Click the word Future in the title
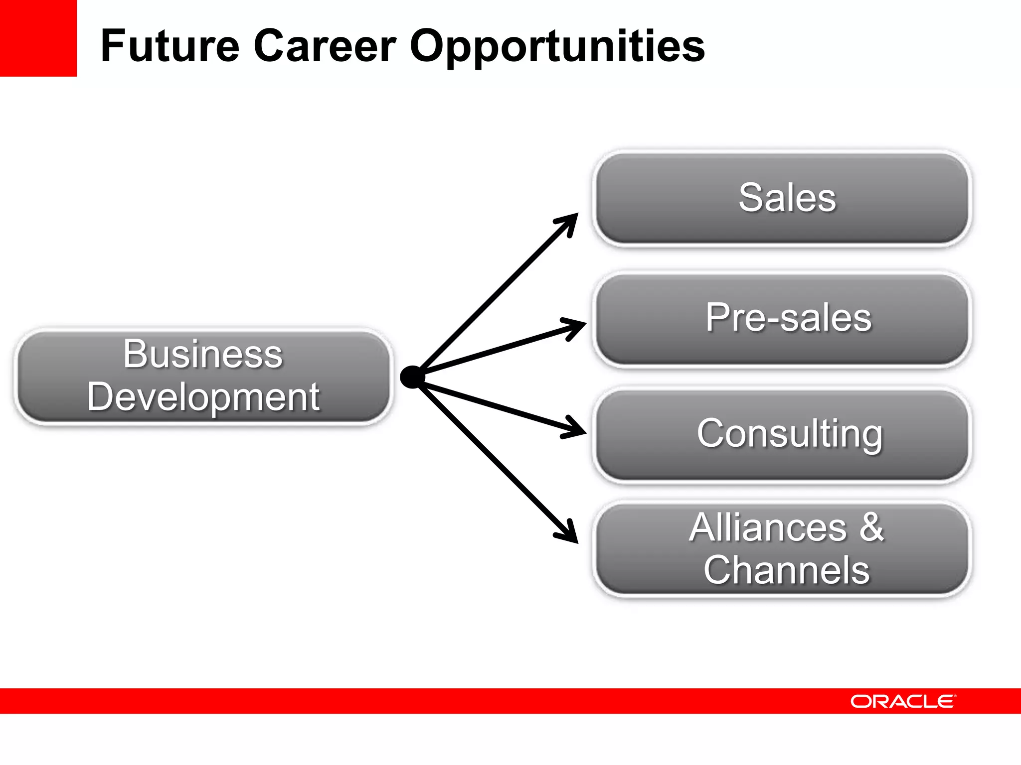tap(170, 46)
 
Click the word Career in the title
tap(325, 46)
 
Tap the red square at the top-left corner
tap(38, 38)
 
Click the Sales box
tap(782, 198)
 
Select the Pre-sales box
tap(782, 319)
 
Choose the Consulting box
tap(782, 434)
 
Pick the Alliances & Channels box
tap(782, 549)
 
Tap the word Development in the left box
tap(203, 397)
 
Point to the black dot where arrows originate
tap(412, 377)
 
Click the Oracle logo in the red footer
tap(903, 701)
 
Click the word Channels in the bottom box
tap(786, 570)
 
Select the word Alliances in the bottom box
tap(768, 527)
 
